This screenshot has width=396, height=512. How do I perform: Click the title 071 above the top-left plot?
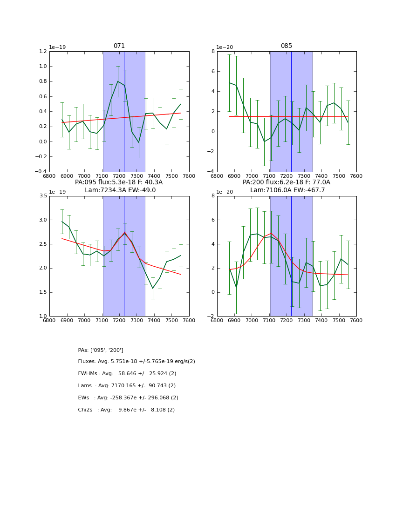click(x=119, y=46)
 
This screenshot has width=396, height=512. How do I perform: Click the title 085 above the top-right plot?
click(x=286, y=46)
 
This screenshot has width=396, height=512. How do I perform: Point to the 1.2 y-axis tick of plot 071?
click(x=42, y=51)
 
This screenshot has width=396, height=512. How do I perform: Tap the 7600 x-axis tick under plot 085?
click(x=356, y=176)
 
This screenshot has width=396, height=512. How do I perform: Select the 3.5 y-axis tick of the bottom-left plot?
click(x=42, y=196)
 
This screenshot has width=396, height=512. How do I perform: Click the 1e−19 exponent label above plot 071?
click(x=58, y=47)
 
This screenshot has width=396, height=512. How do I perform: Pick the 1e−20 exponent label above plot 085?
click(x=225, y=47)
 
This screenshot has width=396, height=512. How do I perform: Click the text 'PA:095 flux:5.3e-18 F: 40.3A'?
click(x=119, y=182)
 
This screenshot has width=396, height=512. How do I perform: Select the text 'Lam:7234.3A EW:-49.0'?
click(x=120, y=190)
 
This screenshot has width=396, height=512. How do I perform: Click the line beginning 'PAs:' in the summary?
click(x=101, y=350)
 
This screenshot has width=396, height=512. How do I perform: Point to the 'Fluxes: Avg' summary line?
click(x=137, y=362)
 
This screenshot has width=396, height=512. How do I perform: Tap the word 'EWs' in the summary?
click(x=83, y=398)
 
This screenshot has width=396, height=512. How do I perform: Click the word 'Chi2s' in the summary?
click(x=86, y=410)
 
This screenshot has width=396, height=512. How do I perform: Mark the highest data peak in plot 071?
click(x=118, y=81)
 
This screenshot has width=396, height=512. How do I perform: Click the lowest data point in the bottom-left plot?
click(x=153, y=289)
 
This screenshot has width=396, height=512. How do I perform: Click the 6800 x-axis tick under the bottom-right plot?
click(x=217, y=321)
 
